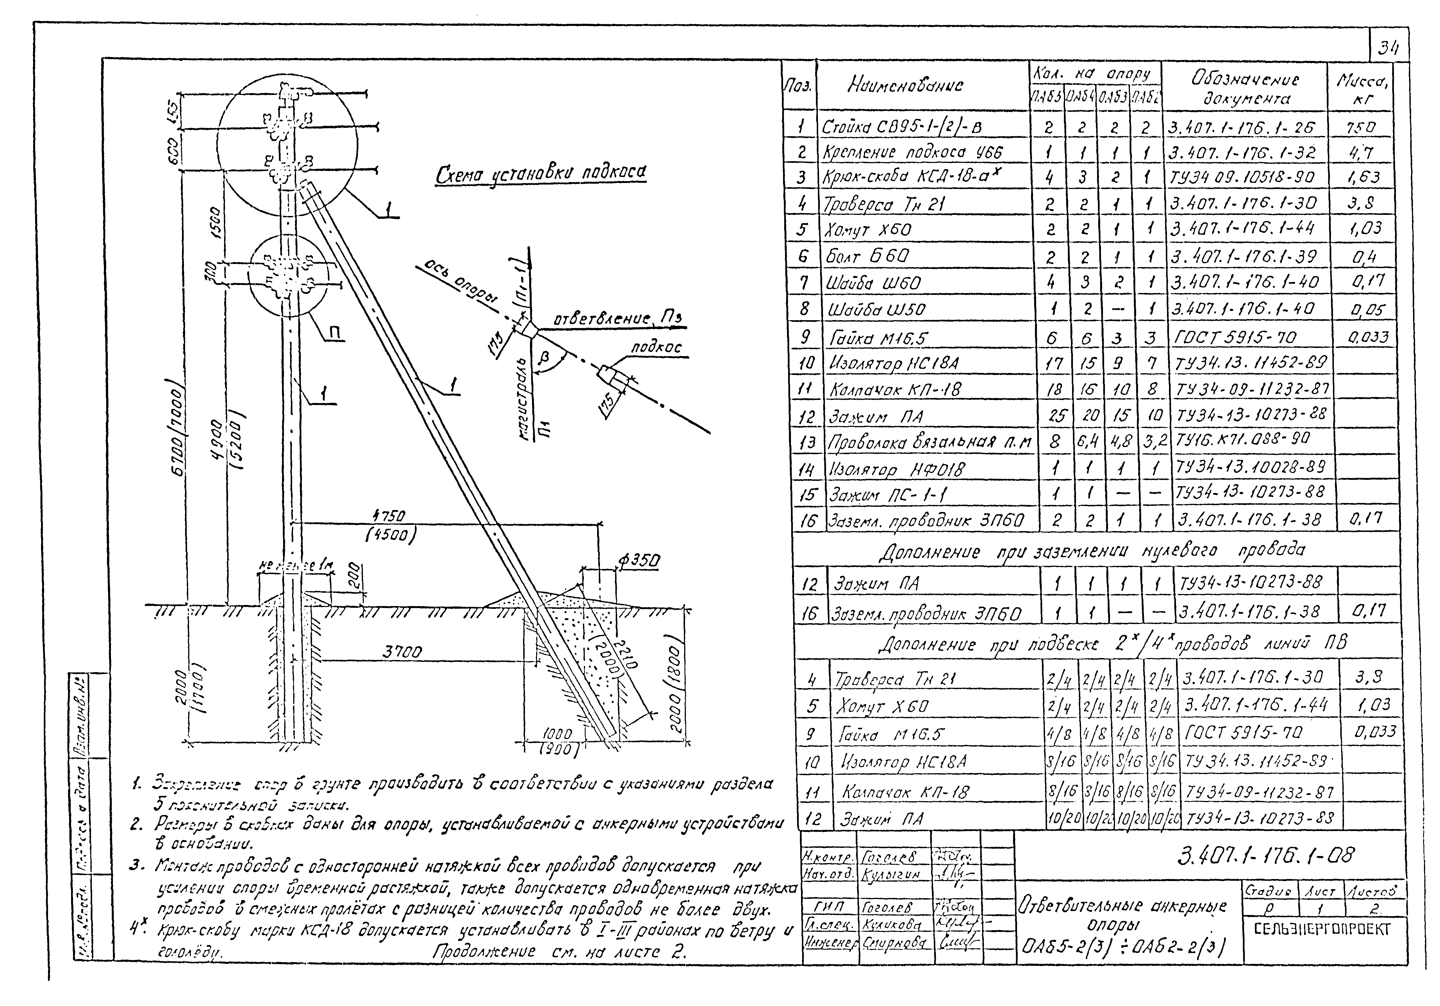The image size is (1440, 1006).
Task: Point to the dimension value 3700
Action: (402, 652)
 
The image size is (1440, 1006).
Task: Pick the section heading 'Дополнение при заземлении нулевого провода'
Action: (1091, 551)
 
